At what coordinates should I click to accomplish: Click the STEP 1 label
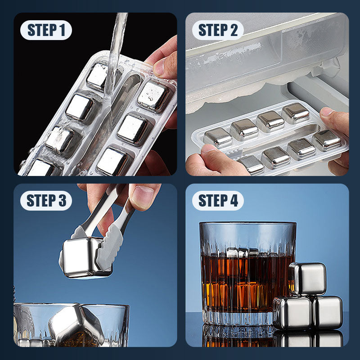click(46, 30)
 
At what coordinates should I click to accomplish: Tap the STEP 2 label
click(218, 30)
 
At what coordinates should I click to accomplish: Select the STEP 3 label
click(46, 201)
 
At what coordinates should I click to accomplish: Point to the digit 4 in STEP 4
click(234, 201)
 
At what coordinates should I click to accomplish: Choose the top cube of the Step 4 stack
click(308, 278)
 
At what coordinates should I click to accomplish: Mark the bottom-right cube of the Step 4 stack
click(328, 312)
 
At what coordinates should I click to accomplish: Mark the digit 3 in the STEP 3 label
click(62, 201)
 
